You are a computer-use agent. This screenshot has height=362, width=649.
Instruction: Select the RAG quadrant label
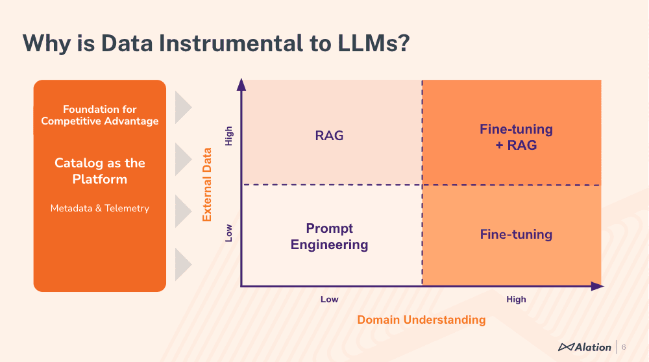329,136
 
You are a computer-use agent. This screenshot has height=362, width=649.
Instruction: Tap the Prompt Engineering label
329,236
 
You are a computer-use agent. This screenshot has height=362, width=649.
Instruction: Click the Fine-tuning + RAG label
516,137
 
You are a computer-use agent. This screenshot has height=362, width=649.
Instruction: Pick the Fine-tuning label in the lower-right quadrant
516,234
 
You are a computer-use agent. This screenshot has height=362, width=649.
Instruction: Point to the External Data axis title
208,184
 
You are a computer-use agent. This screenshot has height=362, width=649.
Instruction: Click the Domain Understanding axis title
421,319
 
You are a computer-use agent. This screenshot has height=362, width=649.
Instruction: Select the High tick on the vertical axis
228,136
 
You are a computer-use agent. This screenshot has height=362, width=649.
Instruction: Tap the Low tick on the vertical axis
228,234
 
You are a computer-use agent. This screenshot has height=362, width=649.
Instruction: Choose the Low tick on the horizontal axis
329,299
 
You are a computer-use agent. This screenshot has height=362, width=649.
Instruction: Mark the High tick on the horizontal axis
516,299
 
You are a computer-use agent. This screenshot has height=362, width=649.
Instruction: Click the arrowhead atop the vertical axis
241,84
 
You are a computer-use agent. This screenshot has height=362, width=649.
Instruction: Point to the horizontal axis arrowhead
596,285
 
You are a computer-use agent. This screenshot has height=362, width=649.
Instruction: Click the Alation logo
585,347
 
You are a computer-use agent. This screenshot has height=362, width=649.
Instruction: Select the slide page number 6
624,347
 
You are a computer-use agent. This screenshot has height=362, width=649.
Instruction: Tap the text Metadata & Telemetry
100,208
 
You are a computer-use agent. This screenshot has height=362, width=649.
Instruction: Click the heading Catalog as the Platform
100,171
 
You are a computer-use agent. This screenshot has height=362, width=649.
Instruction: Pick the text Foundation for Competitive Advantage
100,115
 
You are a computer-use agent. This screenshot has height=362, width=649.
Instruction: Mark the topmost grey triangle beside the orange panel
182,107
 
